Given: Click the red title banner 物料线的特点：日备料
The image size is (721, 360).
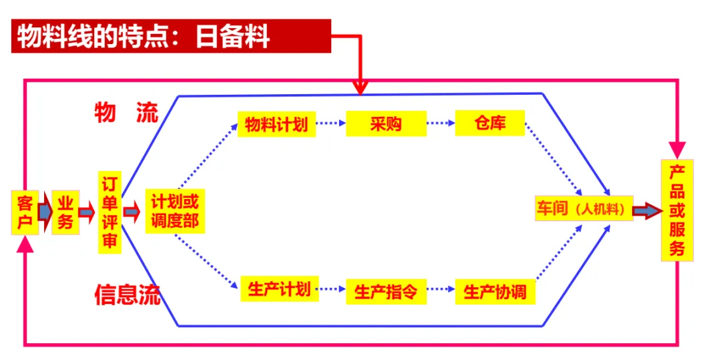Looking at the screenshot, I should point(171,36).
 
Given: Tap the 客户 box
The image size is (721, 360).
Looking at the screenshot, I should point(25,212).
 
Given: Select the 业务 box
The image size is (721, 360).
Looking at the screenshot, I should point(65,212).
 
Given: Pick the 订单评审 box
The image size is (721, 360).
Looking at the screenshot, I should point(109,212).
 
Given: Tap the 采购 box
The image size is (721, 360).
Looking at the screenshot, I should point(385,124).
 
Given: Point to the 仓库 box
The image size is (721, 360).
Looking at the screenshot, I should point(489,124).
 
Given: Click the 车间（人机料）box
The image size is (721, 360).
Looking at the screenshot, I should point(583,209).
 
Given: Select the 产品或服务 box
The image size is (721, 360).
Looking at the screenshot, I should point(677,210).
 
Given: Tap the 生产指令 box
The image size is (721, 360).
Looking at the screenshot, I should point(386,292).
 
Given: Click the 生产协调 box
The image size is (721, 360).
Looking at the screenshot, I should point(495,292).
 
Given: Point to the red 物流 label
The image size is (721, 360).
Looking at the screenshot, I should point(126,113).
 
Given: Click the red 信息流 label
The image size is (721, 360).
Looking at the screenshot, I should point(128,294).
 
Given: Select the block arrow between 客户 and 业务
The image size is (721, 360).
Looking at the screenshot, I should point(45,212).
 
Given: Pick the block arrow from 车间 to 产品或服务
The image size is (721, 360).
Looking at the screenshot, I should point(645,210).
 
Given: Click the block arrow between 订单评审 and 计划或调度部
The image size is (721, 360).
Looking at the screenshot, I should point(132,212).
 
